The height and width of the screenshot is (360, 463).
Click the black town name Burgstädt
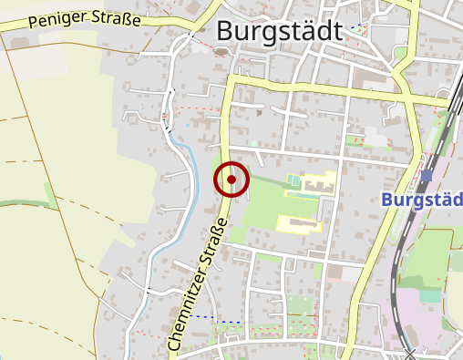pos(280,31)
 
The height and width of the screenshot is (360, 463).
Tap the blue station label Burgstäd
pos(422,200)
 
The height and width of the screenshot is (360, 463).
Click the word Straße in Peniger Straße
pos(118,17)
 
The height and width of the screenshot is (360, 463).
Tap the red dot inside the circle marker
pos(231,180)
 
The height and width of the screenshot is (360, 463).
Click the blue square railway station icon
pos(427,175)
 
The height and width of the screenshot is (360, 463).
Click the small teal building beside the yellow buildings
pos(291,180)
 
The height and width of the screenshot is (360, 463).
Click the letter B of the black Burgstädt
pos(226,31)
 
